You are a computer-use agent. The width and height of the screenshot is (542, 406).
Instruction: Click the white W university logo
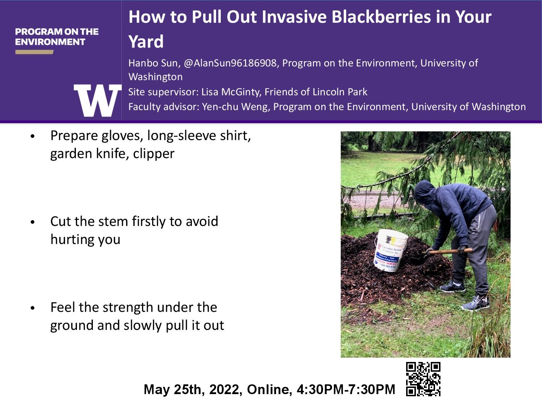point(98,100)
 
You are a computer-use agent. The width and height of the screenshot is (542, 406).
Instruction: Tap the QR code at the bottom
point(423,379)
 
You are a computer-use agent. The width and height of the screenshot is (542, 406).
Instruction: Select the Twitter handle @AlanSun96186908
point(230,63)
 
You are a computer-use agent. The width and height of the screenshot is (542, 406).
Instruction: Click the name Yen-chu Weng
point(236,107)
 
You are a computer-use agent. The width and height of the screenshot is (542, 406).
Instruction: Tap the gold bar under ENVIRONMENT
point(34,52)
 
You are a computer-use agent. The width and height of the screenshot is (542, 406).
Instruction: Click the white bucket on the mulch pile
point(391,250)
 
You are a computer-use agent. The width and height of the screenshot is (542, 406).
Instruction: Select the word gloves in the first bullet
point(122,136)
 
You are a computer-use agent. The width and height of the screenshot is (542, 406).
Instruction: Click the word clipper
point(154,154)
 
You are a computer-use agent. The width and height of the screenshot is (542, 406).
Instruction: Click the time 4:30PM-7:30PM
point(346,389)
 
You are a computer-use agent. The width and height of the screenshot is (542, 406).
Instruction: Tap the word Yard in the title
point(146,42)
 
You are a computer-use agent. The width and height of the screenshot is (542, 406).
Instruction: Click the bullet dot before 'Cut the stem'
point(33,222)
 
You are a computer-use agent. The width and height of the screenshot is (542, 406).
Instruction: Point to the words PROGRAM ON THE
point(57,31)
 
